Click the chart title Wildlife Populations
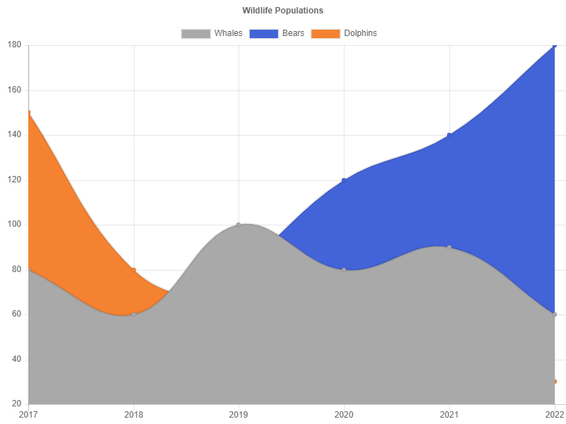point(283,11)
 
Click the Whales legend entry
point(212,33)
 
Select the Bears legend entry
point(277,33)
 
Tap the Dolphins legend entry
point(344,33)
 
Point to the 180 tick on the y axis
point(14,45)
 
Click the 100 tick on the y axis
point(14,224)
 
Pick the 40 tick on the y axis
point(14,359)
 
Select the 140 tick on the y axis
point(14,134)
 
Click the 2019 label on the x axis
point(238,413)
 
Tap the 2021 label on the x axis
point(449,413)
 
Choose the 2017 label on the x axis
point(28,413)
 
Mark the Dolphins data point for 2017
point(28,112)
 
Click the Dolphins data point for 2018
point(134,270)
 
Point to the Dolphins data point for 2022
point(555,382)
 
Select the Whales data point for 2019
point(238,225)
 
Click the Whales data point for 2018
point(134,314)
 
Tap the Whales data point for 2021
point(449,247)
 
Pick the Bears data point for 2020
point(344,180)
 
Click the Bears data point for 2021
point(449,135)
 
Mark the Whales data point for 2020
point(344,270)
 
